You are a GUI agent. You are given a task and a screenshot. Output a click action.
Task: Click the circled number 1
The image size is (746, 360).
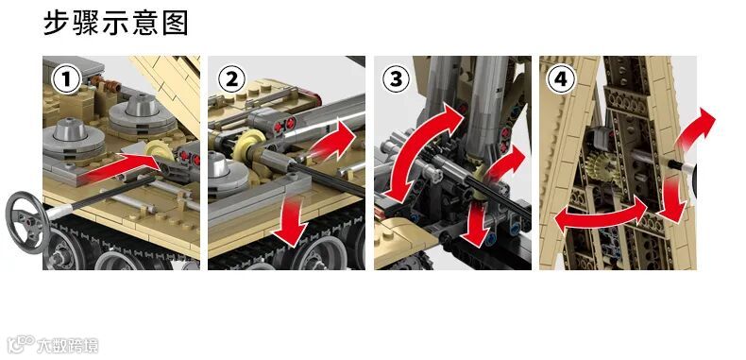point(67,79)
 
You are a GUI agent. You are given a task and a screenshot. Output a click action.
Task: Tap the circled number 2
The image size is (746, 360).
point(231,79)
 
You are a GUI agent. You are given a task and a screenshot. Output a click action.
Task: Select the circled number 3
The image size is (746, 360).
point(397,79)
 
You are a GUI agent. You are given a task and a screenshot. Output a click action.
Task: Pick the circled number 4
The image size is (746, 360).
point(562,79)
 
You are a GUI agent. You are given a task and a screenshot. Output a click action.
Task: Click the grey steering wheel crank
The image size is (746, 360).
point(27,221)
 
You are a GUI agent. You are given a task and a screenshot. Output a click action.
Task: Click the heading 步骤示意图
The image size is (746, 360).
point(116,23)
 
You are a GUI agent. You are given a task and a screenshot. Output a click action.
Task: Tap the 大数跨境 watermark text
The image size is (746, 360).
point(67,345)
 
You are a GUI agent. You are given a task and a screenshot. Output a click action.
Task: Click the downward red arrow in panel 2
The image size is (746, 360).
point(292,220)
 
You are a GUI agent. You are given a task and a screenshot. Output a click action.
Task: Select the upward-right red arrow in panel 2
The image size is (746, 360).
point(333,141)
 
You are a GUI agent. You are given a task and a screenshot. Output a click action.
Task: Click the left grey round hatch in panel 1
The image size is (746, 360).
point(74,137)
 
